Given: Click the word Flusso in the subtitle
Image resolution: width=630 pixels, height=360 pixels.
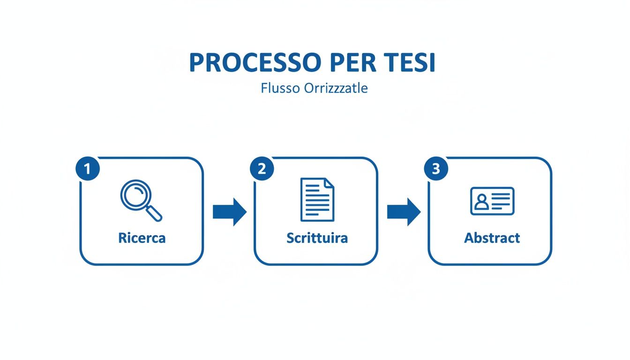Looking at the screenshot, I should pos(280,88).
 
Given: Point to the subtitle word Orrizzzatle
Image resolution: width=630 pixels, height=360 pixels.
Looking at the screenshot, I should pos(336,88).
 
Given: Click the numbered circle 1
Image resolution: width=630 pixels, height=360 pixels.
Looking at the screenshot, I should pos(88,169).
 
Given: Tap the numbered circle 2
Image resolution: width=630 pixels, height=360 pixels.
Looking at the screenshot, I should pos(262,169).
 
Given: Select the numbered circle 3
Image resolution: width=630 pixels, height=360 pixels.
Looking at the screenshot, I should pos(436,169).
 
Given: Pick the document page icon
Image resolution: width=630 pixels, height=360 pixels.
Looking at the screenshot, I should pos(317,199).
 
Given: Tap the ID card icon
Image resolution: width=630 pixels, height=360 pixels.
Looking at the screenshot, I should pos(492,201).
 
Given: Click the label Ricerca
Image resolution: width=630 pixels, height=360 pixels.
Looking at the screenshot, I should pos(142,238).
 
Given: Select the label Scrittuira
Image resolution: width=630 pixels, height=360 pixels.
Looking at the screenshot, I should pos(317,238).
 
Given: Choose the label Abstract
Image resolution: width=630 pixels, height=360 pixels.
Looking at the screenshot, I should pos(492,238).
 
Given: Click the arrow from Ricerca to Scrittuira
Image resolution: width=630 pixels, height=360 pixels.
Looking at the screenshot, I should pos(229,212).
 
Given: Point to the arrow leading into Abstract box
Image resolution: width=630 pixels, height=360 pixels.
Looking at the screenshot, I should pos(404,212).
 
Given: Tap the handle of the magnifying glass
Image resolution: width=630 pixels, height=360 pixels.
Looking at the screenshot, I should pos(154,213).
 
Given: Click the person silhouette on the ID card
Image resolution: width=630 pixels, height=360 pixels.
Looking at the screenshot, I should pos(481,202).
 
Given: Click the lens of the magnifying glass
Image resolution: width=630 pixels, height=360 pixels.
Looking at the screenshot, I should pos(135,195).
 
